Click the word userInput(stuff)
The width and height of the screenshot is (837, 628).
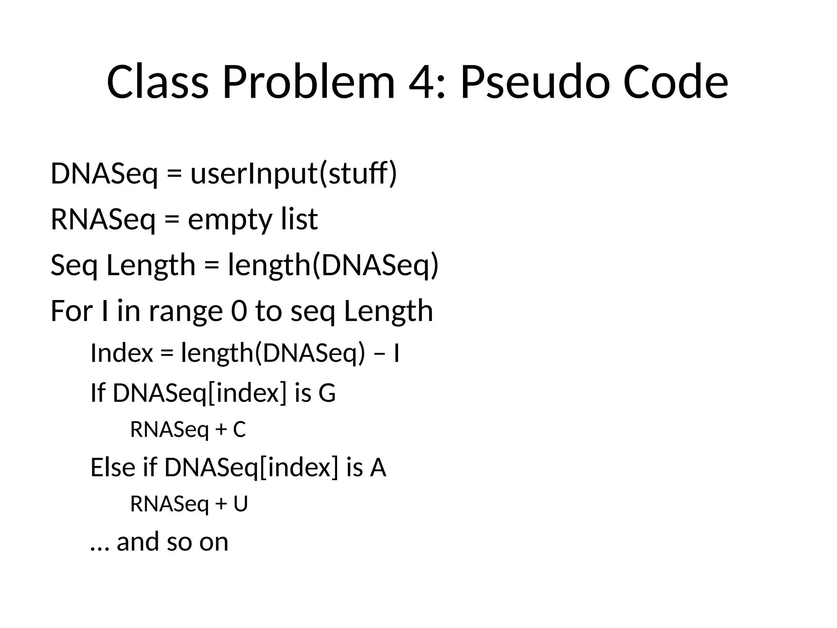(293, 174)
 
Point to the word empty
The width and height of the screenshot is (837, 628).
(229, 220)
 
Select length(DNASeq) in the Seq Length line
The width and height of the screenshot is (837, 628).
(333, 265)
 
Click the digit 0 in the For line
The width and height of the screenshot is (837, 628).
(239, 311)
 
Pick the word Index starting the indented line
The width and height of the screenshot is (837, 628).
(121, 353)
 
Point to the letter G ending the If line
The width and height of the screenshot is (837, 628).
(327, 393)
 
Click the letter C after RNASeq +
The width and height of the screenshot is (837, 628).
(239, 430)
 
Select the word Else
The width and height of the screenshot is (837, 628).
(113, 467)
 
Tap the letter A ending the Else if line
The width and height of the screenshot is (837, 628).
(378, 467)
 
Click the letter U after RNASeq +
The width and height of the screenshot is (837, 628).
(241, 504)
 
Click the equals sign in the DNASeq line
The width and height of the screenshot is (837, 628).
(174, 175)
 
